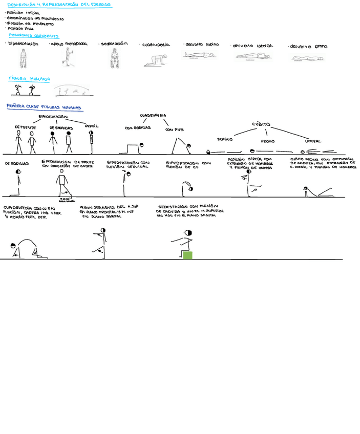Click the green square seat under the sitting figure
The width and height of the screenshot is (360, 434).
coord(187,255)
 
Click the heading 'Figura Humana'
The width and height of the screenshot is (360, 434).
coord(29,79)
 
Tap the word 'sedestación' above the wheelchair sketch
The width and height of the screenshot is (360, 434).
coord(115,44)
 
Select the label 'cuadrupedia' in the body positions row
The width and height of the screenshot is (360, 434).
coord(156,45)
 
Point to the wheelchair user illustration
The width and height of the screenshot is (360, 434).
coord(115,58)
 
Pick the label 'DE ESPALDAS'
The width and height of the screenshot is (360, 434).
coord(61,128)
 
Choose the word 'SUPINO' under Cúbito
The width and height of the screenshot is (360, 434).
coord(225,139)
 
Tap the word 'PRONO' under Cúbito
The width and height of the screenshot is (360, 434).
coord(268,141)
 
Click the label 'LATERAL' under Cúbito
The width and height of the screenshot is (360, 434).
coord(313,141)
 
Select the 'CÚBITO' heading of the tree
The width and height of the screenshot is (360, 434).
coord(261,124)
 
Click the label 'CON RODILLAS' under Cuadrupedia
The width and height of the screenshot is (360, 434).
coord(138,127)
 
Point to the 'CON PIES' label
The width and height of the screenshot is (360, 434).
coord(174,129)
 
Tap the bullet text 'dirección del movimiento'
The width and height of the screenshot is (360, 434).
coord(30,24)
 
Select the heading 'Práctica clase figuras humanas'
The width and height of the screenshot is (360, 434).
coord(44,107)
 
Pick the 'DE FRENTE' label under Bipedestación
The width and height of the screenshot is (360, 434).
coord(25,127)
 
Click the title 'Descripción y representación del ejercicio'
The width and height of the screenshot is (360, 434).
coord(59,5)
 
